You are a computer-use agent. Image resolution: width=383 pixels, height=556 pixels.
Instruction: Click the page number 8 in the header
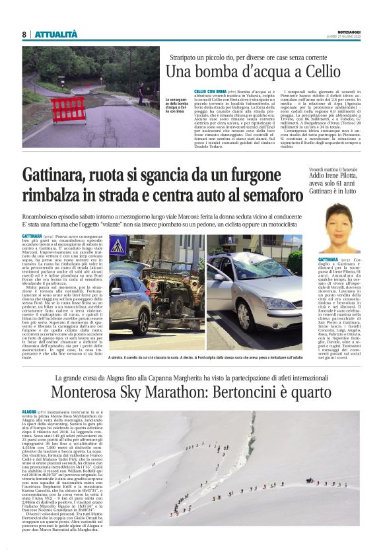point(24,34)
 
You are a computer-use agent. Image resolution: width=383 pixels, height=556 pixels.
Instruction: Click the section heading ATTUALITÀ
point(55,34)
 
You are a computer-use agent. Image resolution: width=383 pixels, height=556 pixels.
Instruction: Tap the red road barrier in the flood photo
point(69,109)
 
